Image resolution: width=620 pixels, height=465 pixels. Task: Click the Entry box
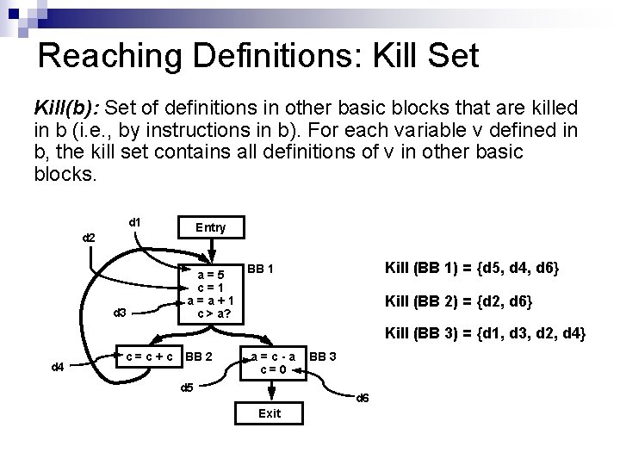click(x=211, y=227)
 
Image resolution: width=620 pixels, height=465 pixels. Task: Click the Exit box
click(x=270, y=413)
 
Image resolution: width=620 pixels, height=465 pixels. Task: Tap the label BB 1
click(x=260, y=269)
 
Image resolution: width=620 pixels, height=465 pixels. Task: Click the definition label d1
click(x=134, y=222)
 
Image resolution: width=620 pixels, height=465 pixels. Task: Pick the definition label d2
click(x=88, y=237)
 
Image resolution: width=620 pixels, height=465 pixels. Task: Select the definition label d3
click(x=121, y=312)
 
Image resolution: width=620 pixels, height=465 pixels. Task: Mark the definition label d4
click(x=58, y=368)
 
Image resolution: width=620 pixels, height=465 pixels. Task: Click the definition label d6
click(x=363, y=397)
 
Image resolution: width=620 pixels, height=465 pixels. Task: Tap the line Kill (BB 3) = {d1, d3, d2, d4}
click(x=485, y=332)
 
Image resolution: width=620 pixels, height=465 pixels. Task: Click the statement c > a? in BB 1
click(x=211, y=313)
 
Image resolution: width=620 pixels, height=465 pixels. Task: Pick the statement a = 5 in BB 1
click(x=211, y=275)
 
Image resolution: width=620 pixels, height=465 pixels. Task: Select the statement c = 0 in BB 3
click(x=272, y=370)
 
